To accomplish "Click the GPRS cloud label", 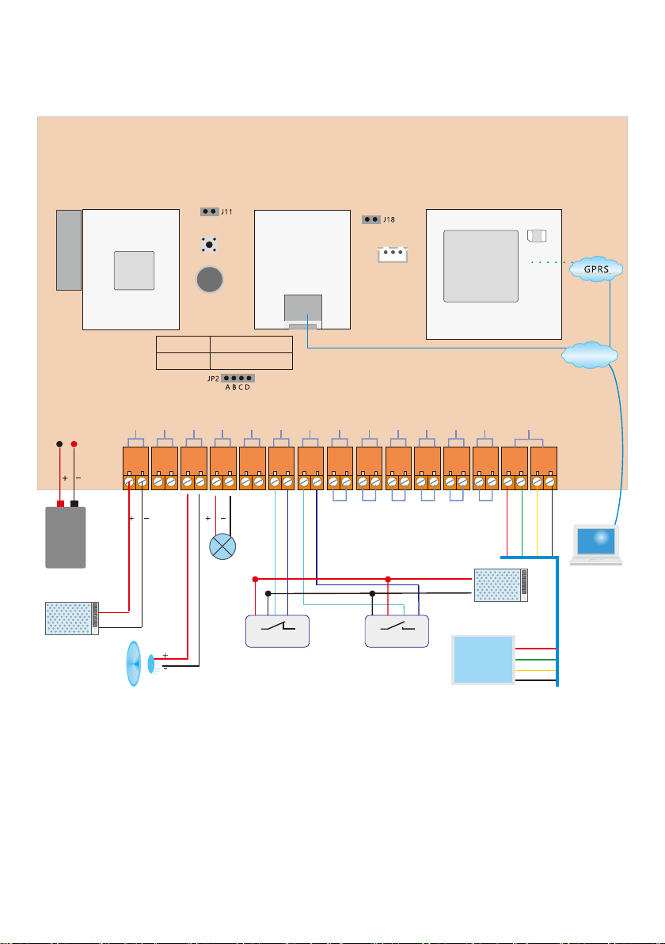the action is pyautogui.click(x=596, y=269).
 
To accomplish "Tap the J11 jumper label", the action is pyautogui.click(x=226, y=212).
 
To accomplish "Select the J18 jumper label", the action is pyautogui.click(x=389, y=219).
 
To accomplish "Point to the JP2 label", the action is pyautogui.click(x=213, y=379).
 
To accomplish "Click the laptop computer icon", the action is pyautogui.click(x=596, y=544).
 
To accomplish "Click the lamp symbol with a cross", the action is pyautogui.click(x=222, y=546).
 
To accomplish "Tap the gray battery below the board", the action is pyautogui.click(x=66, y=537).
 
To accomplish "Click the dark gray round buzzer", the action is pyautogui.click(x=210, y=280).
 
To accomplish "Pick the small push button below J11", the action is pyautogui.click(x=209, y=245).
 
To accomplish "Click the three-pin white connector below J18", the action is pyautogui.click(x=393, y=254).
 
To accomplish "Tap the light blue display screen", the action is pyautogui.click(x=483, y=660).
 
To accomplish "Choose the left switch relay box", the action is pyautogui.click(x=277, y=631).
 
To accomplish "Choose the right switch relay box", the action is pyautogui.click(x=397, y=631).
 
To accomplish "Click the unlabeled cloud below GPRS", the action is pyautogui.click(x=589, y=356).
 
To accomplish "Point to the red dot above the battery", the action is pyautogui.click(x=74, y=443).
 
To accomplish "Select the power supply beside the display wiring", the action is pyautogui.click(x=500, y=584).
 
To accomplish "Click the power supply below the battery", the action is pyautogui.click(x=72, y=618).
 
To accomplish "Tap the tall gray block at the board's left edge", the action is pyautogui.click(x=69, y=249).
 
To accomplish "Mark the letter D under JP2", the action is pyautogui.click(x=247, y=387).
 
